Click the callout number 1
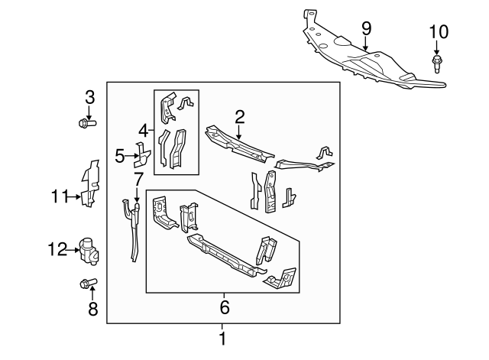pyautogui.click(x=222, y=337)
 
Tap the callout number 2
pyautogui.click(x=239, y=116)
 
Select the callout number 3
pyautogui.click(x=89, y=97)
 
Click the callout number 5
pyautogui.click(x=119, y=157)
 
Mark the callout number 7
pyautogui.click(x=138, y=180)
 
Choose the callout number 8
pyautogui.click(x=93, y=310)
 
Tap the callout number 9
pyautogui.click(x=366, y=28)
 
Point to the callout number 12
pyautogui.click(x=58, y=248)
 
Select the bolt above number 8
pyautogui.click(x=86, y=284)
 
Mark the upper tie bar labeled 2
pyautogui.click(x=237, y=144)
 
